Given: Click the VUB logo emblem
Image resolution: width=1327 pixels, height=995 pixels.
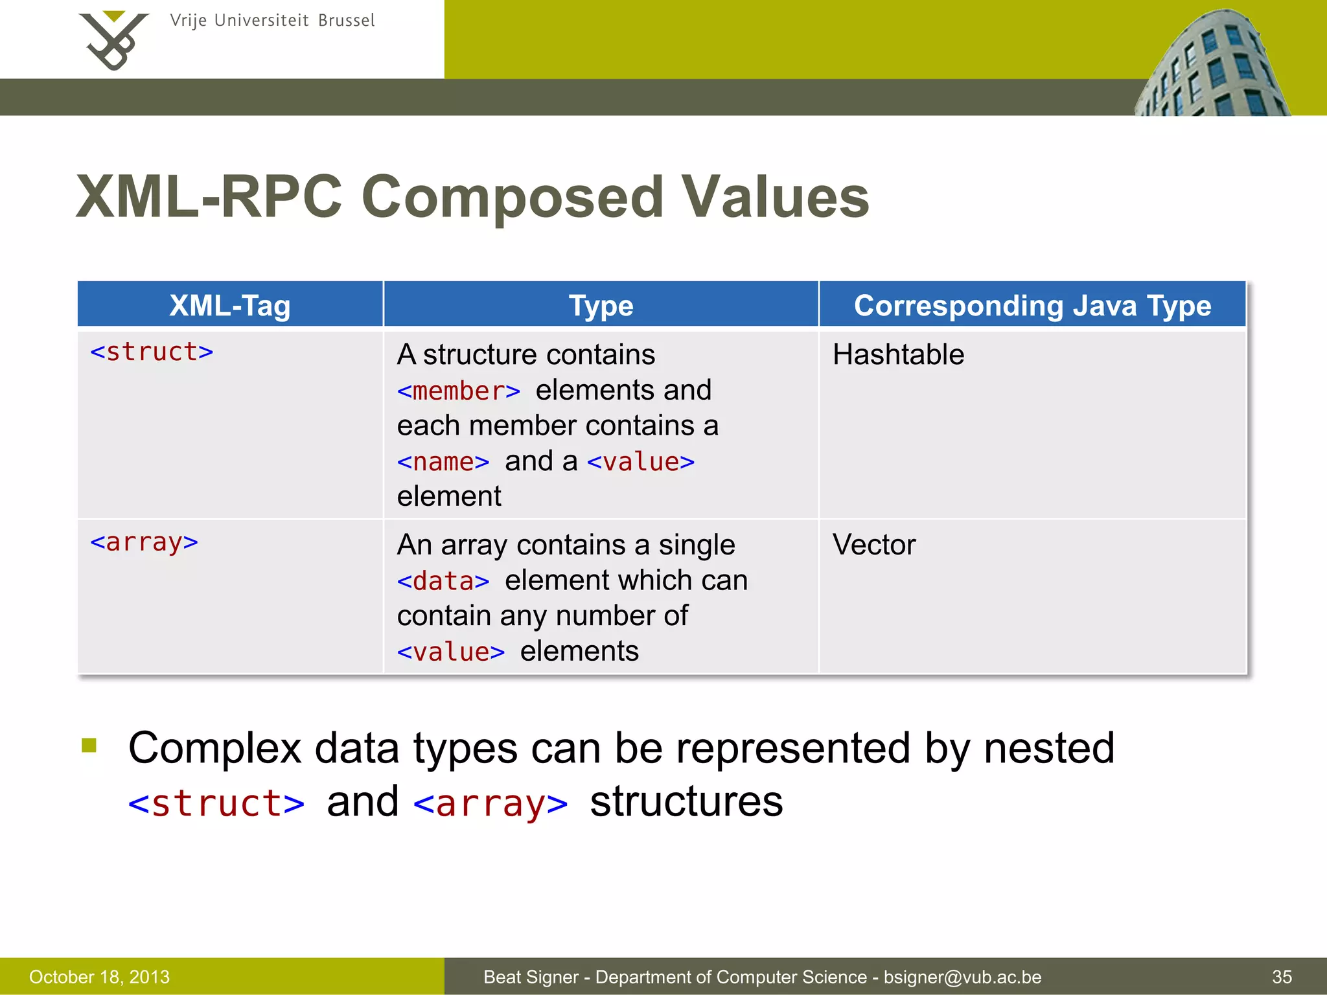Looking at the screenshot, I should pos(113,40).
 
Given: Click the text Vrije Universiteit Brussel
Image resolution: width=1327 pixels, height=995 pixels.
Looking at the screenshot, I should pos(272,21).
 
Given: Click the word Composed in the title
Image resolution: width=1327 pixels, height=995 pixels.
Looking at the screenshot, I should pos(512,197).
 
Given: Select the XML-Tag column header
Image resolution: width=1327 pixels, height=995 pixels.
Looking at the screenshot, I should pos(229,305).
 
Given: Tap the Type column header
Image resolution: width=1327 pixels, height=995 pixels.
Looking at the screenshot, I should pos(601,305).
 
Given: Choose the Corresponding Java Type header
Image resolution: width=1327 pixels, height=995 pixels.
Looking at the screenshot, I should pos(1032,305).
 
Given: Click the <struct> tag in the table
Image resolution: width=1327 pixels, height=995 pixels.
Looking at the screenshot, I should pos(152,352).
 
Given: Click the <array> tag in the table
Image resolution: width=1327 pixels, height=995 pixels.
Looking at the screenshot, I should pos(144,542).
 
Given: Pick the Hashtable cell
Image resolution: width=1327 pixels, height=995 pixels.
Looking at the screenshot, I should pos(898,355).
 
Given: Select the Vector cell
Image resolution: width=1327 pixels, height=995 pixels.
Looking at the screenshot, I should pos(873,545).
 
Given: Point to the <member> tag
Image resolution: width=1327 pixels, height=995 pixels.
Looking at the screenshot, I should pos(458,391).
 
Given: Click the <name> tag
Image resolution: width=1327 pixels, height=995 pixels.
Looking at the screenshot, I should pos(443,462).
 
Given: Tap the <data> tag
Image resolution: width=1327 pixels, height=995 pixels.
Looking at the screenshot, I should pos(443,581).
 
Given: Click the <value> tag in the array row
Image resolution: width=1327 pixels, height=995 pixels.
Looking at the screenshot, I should pos(450,652).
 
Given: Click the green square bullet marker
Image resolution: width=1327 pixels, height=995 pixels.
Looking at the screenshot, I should pos(89,746).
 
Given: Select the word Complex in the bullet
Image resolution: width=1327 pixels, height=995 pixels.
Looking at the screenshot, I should pos(214,748).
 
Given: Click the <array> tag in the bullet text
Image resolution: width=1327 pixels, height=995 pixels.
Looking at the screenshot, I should pos(490,804).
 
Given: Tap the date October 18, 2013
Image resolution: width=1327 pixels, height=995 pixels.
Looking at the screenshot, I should pos(99,977).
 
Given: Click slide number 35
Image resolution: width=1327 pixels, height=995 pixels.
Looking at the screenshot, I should pos(1282,977).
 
